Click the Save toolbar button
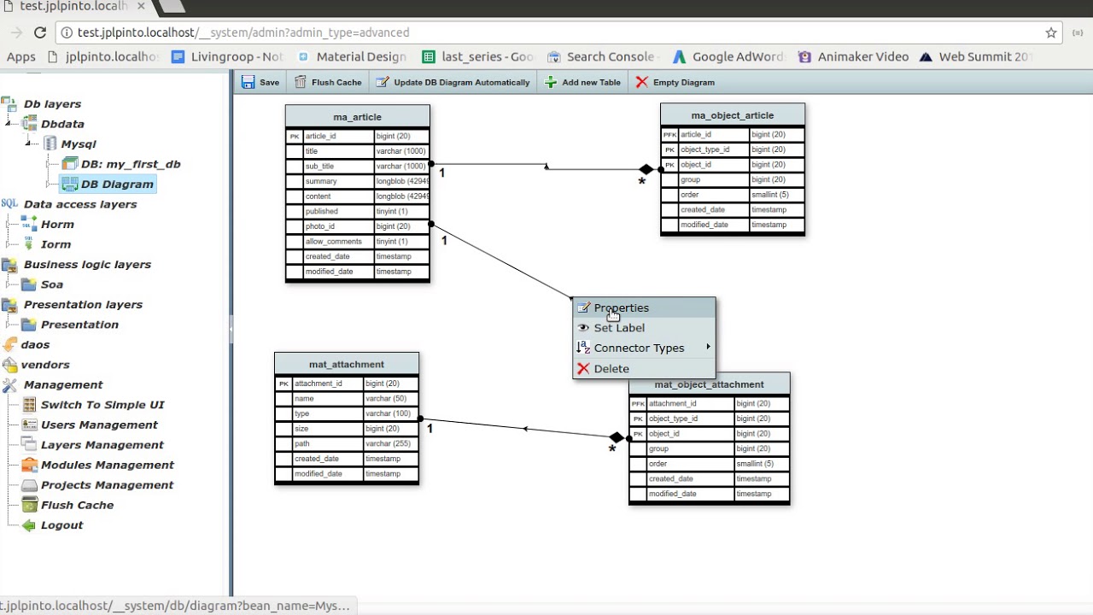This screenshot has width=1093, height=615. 260,82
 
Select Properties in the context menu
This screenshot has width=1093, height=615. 621,307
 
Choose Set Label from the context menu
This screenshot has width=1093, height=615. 619,328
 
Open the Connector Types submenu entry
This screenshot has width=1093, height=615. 639,348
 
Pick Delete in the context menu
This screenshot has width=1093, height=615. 611,369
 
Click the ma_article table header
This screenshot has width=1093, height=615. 357,117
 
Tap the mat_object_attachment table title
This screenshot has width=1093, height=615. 709,384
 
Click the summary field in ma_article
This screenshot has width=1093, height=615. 321,181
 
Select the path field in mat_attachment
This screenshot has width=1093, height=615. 302,443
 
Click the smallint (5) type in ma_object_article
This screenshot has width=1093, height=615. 769,195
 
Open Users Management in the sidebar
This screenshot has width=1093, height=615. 99,425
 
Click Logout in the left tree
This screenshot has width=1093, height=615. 61,525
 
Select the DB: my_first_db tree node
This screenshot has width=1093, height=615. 130,164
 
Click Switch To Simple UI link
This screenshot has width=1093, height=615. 102,405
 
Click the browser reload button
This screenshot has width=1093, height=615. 40,32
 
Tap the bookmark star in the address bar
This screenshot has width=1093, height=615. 1051,32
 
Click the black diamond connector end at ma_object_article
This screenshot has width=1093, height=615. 646,170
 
